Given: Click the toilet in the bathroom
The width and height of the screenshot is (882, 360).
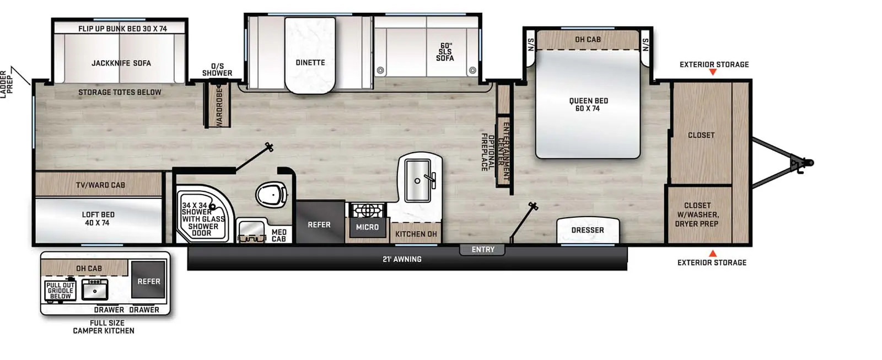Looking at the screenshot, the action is (x=271, y=195).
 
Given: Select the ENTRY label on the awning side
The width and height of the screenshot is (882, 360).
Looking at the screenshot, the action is (x=483, y=249).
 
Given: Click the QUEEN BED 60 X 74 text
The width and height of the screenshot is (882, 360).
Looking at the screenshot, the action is (x=588, y=104).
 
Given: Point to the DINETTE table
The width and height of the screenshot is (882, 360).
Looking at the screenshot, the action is (x=310, y=55).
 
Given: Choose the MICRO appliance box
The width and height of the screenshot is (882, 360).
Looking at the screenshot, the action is (x=367, y=227).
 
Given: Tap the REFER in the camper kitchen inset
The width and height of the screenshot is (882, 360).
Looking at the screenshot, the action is (x=148, y=280).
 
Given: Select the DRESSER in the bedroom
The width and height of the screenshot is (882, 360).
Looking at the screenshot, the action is (x=588, y=230).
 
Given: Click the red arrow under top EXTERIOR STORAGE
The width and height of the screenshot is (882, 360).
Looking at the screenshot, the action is (x=713, y=72).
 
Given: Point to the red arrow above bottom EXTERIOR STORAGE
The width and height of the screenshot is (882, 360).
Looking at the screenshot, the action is (x=713, y=253).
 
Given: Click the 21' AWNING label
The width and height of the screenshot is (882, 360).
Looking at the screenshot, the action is (x=402, y=259).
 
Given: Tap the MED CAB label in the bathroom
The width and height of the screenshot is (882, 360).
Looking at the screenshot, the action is (x=279, y=235).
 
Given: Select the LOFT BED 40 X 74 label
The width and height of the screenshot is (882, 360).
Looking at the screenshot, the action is (x=98, y=219).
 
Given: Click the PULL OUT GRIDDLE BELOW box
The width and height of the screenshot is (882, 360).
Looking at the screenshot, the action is (x=60, y=291).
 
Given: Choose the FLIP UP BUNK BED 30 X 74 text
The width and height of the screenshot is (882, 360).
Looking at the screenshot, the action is (x=122, y=29).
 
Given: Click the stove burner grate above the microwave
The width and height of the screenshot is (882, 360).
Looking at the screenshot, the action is (x=367, y=211).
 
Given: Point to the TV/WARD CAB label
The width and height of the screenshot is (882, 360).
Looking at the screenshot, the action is (x=100, y=185).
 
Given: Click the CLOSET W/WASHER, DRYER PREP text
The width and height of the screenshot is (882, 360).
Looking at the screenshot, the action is (x=697, y=214).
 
